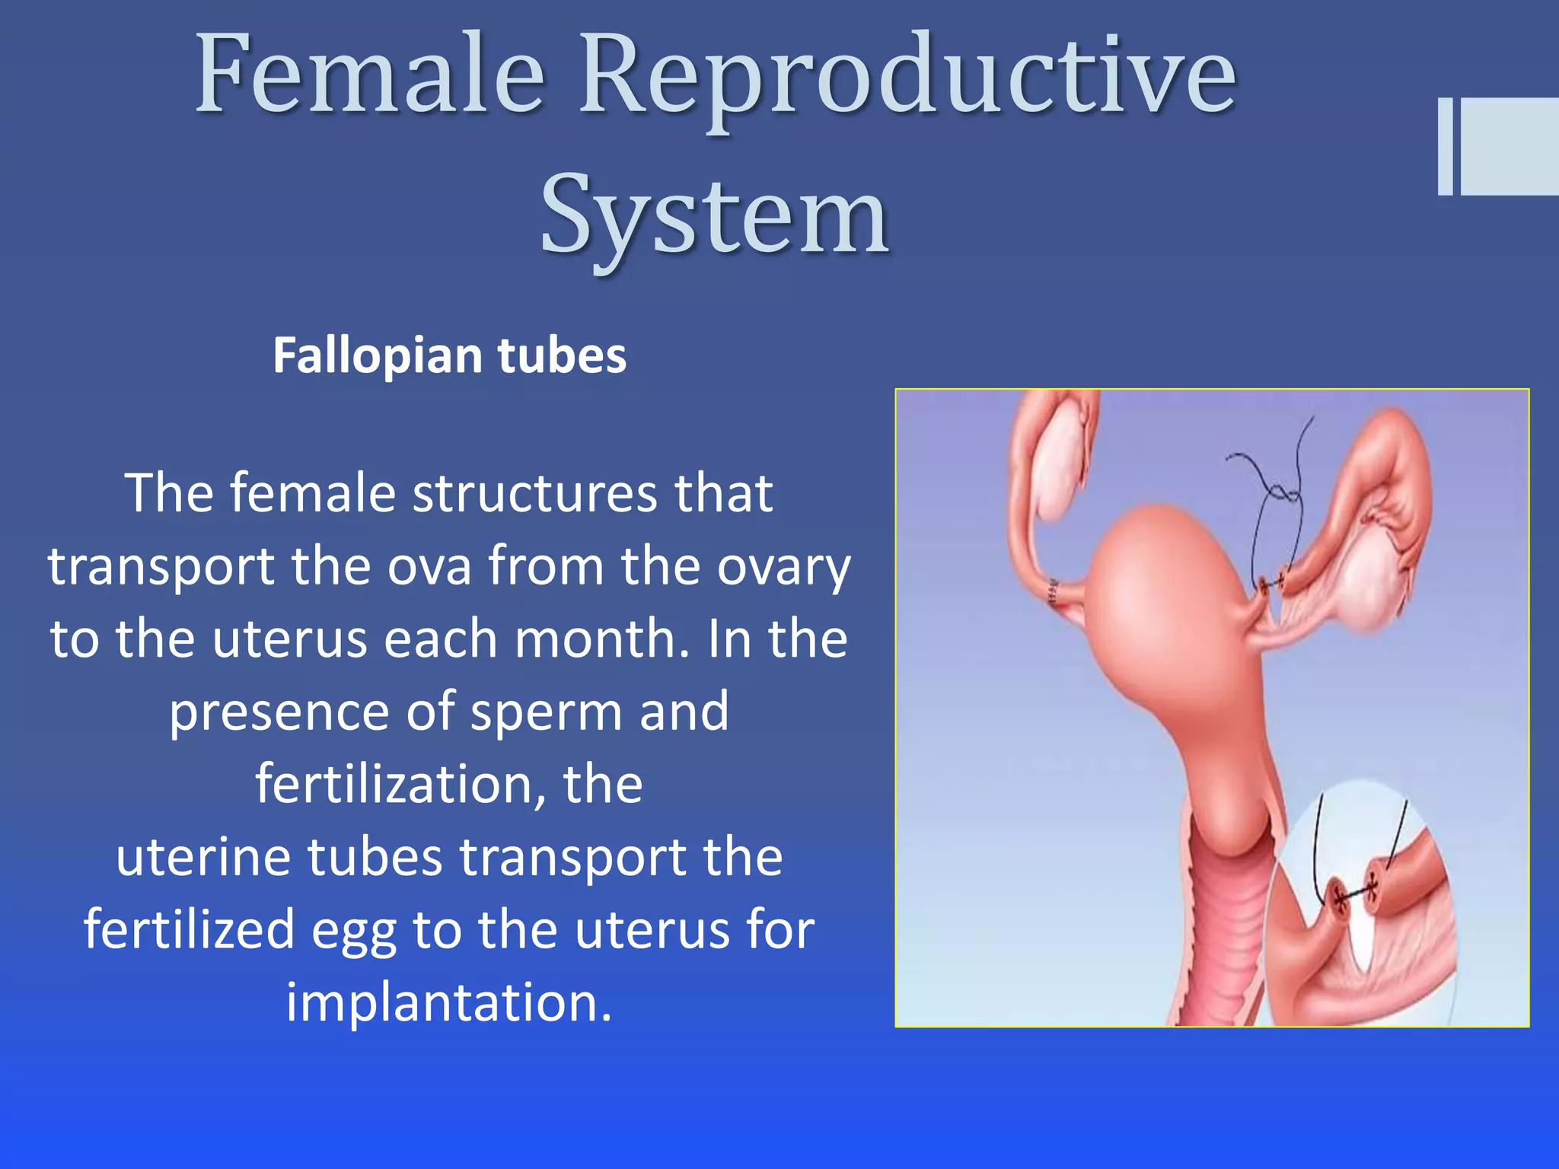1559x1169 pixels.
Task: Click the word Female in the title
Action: point(371,76)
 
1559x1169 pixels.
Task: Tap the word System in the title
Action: point(714,215)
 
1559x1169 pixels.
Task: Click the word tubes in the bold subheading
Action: point(562,356)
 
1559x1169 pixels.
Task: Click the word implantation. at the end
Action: point(449,1002)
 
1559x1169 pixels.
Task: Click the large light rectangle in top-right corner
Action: point(1510,147)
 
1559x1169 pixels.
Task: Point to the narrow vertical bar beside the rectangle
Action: point(1445,147)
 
